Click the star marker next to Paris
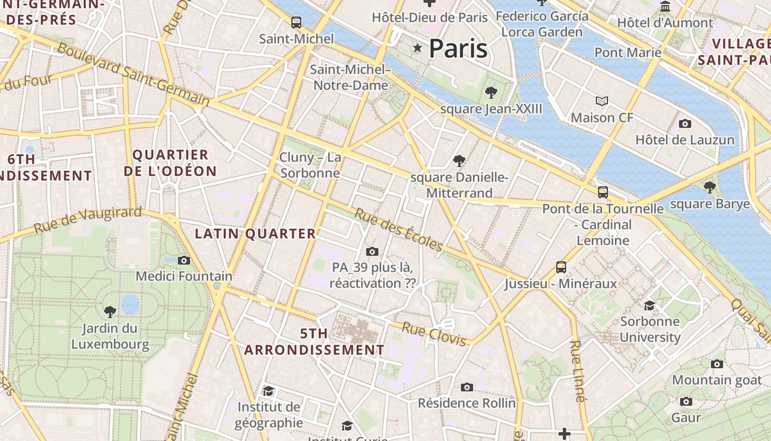pos(417,49)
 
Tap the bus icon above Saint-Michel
pos(296,23)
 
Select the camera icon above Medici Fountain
pos(184,260)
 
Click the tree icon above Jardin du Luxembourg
pos(110,312)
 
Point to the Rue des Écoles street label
pos(398,229)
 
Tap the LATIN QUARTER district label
pos(256,234)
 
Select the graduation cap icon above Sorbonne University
pos(650,305)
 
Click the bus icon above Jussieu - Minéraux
pos(561,267)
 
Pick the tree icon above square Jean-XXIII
pos(491,93)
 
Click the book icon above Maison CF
pos(602,101)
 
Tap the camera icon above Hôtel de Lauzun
pos(685,123)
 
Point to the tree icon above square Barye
pos(710,187)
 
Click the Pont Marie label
pos(628,52)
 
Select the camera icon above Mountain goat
pos(716,364)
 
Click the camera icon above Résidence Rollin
pos(467,387)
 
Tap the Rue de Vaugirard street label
pos(88,220)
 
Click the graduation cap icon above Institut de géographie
pos(268,391)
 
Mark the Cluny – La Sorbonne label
pos(310,165)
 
